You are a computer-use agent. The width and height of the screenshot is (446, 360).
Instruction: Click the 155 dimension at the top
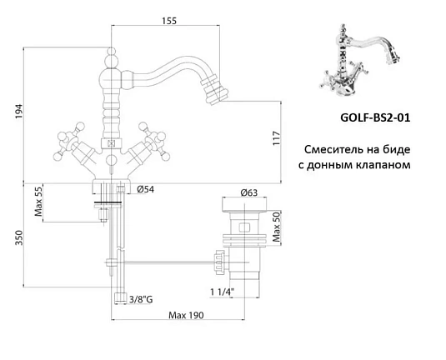point(170,22)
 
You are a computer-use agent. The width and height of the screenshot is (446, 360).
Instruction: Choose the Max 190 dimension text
point(187,316)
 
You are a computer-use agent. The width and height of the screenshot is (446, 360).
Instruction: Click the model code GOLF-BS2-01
point(377,118)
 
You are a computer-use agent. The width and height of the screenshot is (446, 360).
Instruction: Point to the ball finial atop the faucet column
point(112,59)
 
